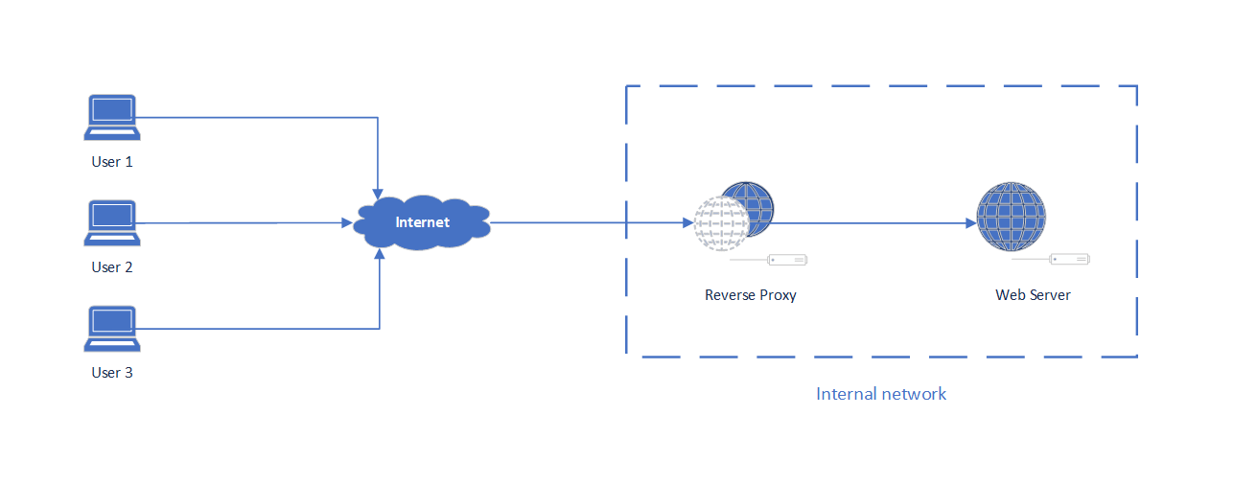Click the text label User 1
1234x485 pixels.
[112, 162]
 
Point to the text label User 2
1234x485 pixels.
[112, 267]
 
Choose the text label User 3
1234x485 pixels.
[112, 373]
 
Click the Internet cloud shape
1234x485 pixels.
[422, 224]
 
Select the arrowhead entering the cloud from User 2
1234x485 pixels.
[347, 223]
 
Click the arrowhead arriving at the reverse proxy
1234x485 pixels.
[687, 223]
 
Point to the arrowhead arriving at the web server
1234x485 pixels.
[970, 223]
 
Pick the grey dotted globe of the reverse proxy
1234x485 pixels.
[720, 224]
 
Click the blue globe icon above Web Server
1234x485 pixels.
[1011, 218]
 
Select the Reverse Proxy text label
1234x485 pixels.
[751, 295]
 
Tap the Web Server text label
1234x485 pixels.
[1033, 295]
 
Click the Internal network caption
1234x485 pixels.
[881, 394]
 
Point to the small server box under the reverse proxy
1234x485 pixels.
[786, 259]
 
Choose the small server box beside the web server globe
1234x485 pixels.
[1069, 259]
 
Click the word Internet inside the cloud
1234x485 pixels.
[423, 222]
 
